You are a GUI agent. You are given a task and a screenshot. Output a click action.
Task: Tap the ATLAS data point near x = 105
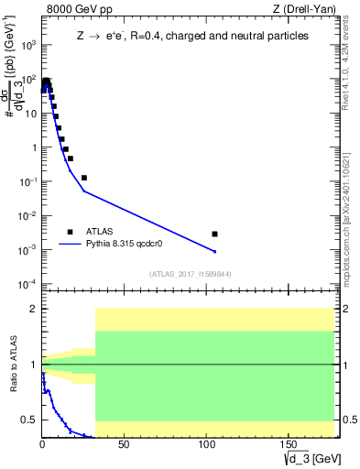pos(214,234)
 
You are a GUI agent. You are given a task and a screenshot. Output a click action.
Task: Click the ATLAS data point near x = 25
pos(84,178)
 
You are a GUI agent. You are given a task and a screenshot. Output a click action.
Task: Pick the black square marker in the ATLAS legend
pos(70,232)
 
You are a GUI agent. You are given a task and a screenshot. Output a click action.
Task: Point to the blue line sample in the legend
pos(70,245)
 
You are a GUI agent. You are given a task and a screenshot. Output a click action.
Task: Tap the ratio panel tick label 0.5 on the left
pos(29,420)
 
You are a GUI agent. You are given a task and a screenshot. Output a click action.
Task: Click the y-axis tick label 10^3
pos(27,45)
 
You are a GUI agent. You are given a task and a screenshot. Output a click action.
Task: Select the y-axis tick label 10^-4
pos(27,284)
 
